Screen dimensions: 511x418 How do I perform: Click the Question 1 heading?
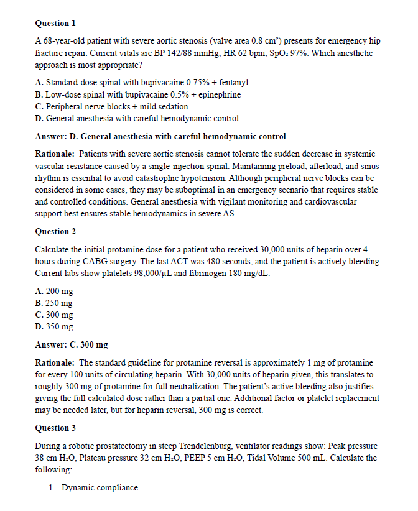[55, 23]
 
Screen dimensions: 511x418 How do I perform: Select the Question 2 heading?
[55, 231]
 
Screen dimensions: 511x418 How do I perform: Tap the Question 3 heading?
[55, 428]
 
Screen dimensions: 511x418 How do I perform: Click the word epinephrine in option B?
[216, 94]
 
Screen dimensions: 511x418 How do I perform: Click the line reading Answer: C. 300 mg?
[72, 344]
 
